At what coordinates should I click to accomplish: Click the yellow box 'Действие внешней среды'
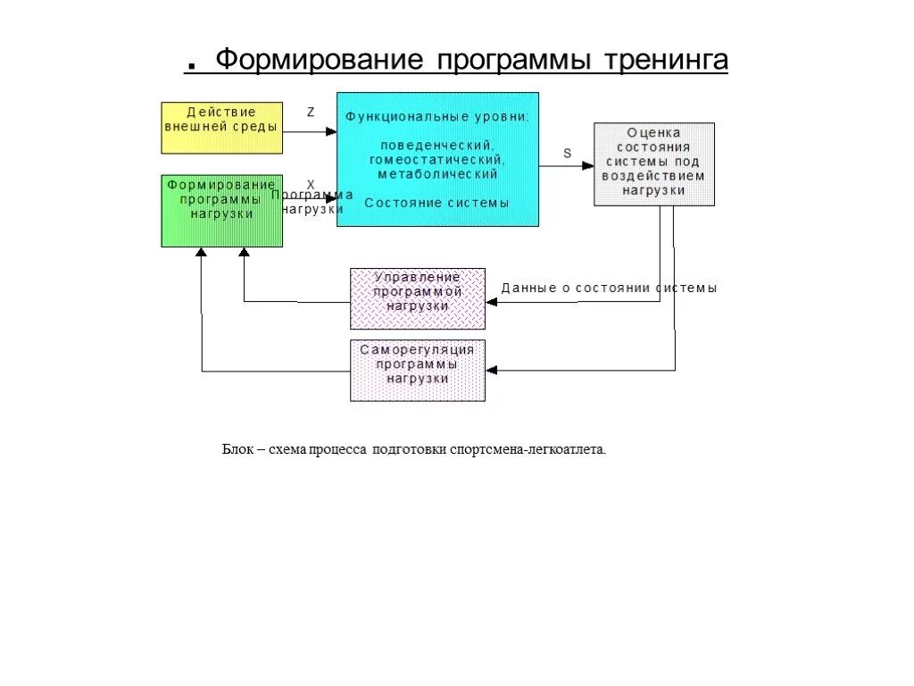(221, 128)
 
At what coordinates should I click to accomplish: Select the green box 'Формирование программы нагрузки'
(221, 211)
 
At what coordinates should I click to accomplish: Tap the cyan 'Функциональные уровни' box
(437, 159)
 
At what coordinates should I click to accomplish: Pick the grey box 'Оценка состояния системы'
(654, 164)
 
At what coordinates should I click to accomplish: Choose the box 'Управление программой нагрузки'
(418, 298)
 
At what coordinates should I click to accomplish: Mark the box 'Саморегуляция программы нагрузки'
(418, 370)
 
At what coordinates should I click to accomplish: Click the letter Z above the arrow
(311, 113)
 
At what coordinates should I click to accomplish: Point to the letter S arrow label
(567, 153)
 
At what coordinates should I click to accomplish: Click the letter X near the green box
(311, 185)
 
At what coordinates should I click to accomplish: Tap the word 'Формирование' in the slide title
(319, 61)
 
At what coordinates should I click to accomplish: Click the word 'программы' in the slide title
(513, 61)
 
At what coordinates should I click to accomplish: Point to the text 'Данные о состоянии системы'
(609, 289)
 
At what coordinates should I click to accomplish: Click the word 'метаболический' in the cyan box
(436, 174)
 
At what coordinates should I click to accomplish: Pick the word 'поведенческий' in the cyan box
(436, 145)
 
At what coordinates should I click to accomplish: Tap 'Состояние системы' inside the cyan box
(436, 203)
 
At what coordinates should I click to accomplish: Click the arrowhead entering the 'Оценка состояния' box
(588, 165)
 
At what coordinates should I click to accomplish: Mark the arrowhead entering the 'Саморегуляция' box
(492, 370)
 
